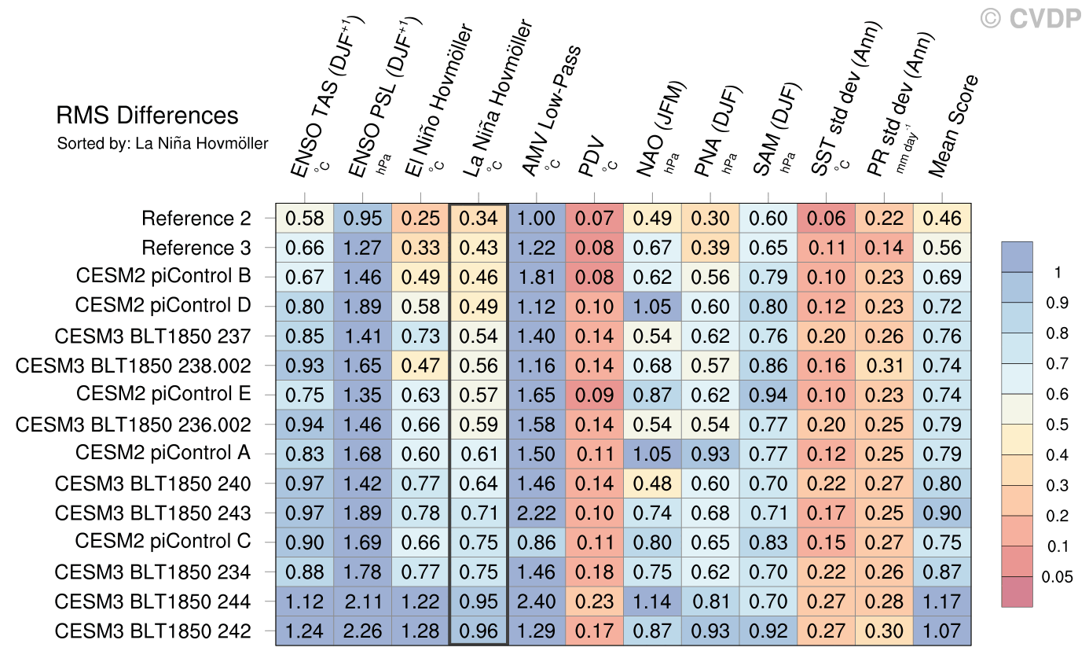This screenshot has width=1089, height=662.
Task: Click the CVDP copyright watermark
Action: click(x=1031, y=17)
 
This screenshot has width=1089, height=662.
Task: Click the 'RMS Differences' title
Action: click(x=147, y=116)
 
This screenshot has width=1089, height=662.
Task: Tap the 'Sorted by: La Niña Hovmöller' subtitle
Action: click(x=163, y=144)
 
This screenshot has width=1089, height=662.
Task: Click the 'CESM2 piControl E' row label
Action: click(x=163, y=395)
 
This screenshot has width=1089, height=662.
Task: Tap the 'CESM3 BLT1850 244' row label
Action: click(x=153, y=602)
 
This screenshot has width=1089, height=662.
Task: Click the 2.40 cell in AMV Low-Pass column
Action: click(x=537, y=602)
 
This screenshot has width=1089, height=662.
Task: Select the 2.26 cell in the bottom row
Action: click(x=363, y=631)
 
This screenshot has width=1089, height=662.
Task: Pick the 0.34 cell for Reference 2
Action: click(x=478, y=219)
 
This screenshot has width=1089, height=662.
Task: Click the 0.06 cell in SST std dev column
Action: click(x=826, y=219)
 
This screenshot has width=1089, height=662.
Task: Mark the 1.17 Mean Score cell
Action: click(x=942, y=602)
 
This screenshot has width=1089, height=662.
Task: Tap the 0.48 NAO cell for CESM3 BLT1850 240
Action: click(x=652, y=484)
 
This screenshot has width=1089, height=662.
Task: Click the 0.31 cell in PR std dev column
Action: click(x=884, y=366)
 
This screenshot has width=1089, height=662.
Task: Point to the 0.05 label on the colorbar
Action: click(x=1057, y=577)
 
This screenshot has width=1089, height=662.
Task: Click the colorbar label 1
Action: click(x=1057, y=273)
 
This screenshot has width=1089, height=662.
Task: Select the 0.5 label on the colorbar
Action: click(x=1057, y=425)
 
